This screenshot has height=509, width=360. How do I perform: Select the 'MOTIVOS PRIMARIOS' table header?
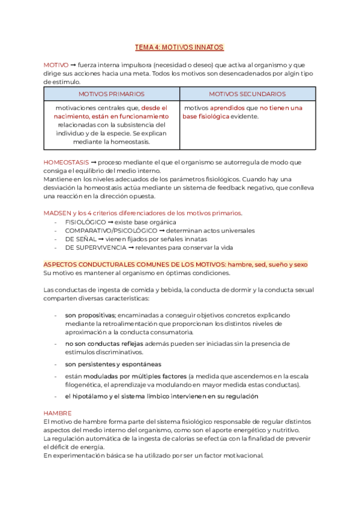pyautogui.click(x=112, y=94)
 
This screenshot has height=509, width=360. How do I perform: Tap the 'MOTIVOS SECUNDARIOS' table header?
pyautogui.click(x=247, y=94)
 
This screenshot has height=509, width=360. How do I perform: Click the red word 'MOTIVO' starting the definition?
pyautogui.click(x=56, y=65)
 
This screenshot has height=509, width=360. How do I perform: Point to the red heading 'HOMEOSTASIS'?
pyautogui.click(x=66, y=162)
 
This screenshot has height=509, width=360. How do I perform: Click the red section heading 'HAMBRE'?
pyautogui.click(x=58, y=413)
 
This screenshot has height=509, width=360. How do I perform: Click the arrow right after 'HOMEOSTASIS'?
pyautogui.click(x=93, y=162)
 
